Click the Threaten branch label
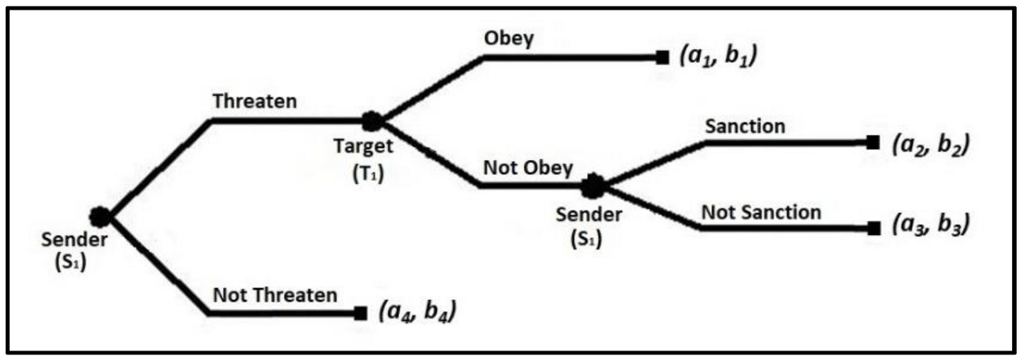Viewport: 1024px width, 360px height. pos(254,102)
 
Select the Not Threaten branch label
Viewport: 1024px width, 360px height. pos(275,294)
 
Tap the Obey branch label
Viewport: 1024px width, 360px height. pos(508,40)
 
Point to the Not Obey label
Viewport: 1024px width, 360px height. pos(528,168)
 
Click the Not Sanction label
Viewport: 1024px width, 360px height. pos(761,212)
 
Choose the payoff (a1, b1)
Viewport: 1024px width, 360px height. pos(718,58)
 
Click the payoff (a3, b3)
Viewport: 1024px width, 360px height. pos(929,226)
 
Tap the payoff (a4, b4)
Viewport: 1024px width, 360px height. pos(417,312)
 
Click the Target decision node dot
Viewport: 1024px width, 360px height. pos(371,122)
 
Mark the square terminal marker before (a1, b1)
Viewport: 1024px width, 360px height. pos(662,58)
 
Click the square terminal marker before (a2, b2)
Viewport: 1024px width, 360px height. pos(873,142)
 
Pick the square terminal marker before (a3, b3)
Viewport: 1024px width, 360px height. pos(873,227)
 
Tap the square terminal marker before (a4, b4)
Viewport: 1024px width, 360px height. pos(360,313)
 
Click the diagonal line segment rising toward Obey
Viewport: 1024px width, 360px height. pos(428,89)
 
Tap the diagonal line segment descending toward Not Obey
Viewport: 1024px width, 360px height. pos(428,155)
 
